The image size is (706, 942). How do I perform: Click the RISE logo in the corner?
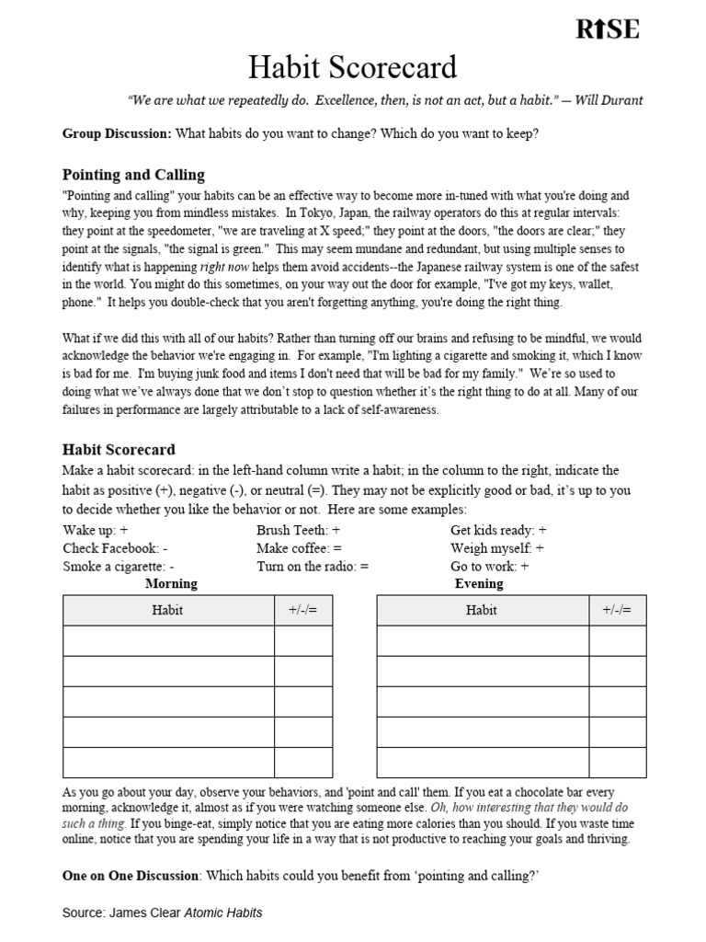tap(607, 29)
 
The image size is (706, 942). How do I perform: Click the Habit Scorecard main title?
tap(352, 68)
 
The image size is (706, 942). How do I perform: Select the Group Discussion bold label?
tap(117, 133)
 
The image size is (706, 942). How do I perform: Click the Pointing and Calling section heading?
tap(133, 175)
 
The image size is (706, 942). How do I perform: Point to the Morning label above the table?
tap(171, 583)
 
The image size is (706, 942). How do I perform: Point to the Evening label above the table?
tap(479, 583)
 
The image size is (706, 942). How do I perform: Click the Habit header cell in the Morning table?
tap(168, 610)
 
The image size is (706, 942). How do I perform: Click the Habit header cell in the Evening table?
tap(482, 610)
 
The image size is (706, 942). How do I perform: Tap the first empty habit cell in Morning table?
tap(168, 640)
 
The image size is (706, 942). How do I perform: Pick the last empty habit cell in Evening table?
tap(482, 762)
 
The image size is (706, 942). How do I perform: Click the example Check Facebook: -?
tap(115, 548)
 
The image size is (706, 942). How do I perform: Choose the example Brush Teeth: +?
tap(298, 530)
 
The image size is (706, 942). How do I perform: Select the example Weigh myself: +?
tap(497, 548)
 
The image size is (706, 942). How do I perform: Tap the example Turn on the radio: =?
tap(313, 567)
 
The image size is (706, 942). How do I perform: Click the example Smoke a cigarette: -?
tap(119, 567)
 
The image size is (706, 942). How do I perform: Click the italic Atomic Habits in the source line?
tap(223, 913)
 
